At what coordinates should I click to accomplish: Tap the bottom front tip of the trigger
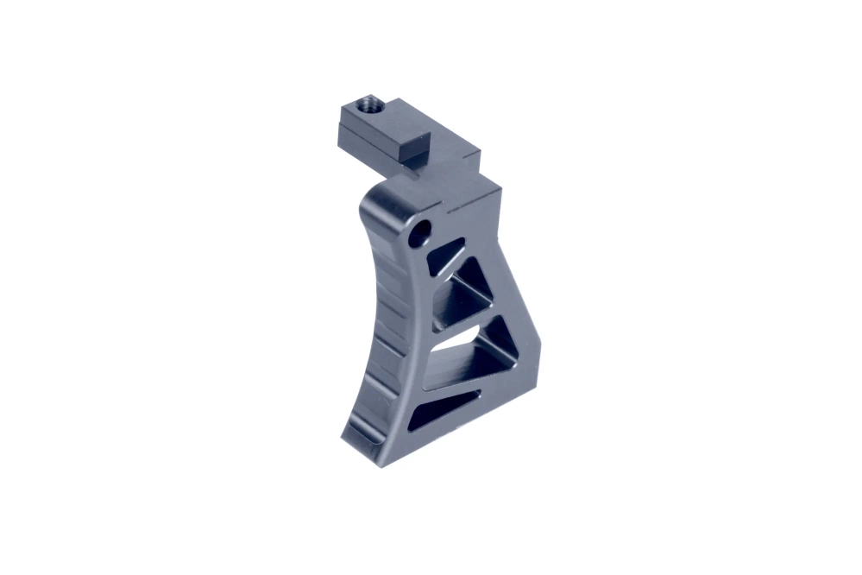(349, 440)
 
